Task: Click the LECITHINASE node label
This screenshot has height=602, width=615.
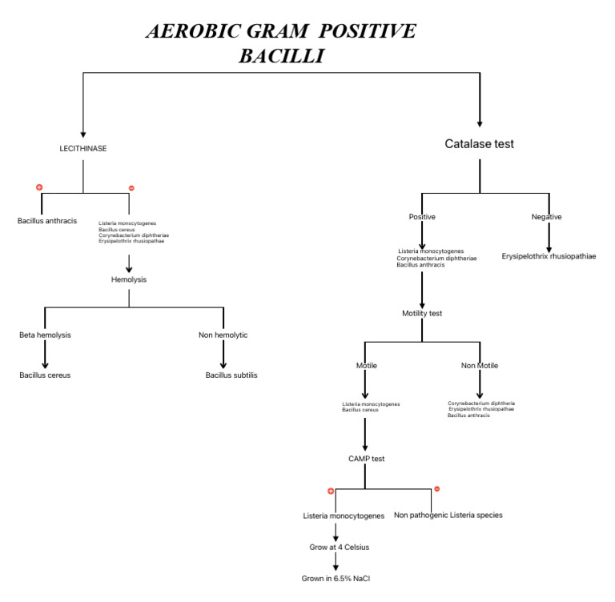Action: pyautogui.click(x=83, y=149)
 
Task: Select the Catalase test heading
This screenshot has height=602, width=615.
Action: pyautogui.click(x=479, y=144)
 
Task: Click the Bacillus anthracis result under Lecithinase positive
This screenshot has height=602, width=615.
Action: pyautogui.click(x=47, y=220)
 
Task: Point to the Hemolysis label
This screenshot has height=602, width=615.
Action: pyautogui.click(x=129, y=279)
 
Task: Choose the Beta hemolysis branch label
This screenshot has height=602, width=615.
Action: pyautogui.click(x=46, y=335)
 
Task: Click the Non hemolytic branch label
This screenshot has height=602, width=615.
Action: pyautogui.click(x=223, y=335)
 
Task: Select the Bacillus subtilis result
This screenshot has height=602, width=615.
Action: pyautogui.click(x=231, y=375)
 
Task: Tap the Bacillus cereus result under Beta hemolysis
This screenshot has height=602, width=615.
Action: pyautogui.click(x=45, y=375)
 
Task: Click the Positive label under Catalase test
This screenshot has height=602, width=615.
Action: pyautogui.click(x=422, y=217)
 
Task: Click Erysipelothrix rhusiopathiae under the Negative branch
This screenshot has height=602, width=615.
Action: pyautogui.click(x=549, y=256)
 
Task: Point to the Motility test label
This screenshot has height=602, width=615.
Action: pyautogui.click(x=422, y=313)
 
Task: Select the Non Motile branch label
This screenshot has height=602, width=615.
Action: pyautogui.click(x=479, y=365)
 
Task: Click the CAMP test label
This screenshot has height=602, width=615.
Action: pyautogui.click(x=365, y=459)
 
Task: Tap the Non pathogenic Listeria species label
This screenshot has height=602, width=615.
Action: pyautogui.click(x=448, y=515)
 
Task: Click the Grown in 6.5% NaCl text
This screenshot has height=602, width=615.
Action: pyautogui.click(x=336, y=578)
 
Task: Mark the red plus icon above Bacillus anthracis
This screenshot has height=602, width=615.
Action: pyautogui.click(x=38, y=187)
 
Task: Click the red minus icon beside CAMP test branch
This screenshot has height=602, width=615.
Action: pyautogui.click(x=436, y=489)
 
